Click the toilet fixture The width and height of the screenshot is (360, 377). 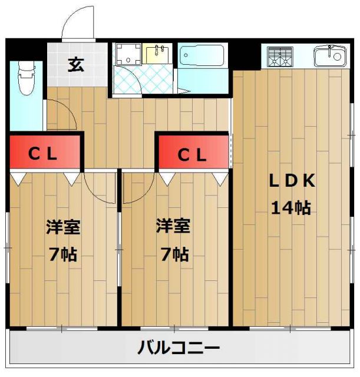click(26, 80)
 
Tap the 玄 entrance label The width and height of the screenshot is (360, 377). click(75, 64)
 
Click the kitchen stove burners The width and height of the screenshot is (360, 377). click(280, 58)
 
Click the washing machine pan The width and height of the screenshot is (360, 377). click(125, 55)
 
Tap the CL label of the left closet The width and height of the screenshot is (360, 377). click(44, 154)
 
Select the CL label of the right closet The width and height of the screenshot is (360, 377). click(192, 155)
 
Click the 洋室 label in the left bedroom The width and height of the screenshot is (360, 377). click(64, 227)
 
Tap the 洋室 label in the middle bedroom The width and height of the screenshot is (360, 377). click(173, 227)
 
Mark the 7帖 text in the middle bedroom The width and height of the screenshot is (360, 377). click(173, 254)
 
